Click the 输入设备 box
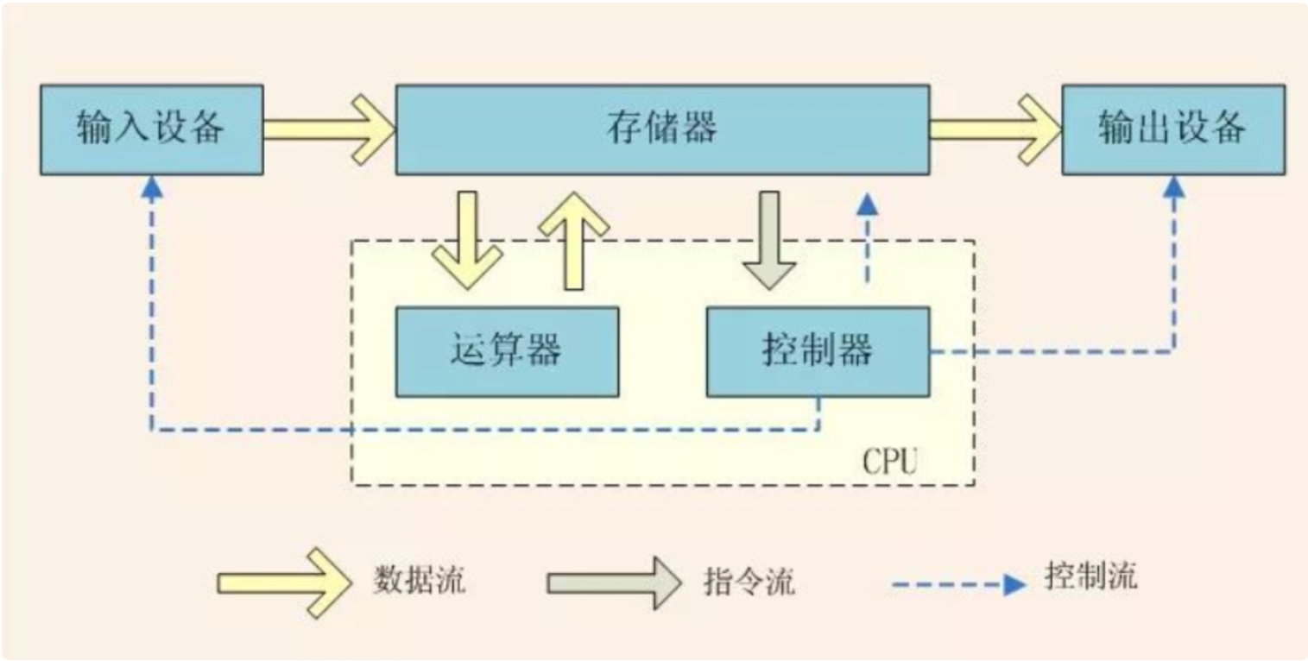click(x=151, y=129)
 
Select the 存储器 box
click(x=662, y=129)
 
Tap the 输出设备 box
click(x=1172, y=129)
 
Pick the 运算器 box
click(x=507, y=351)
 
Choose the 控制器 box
click(x=818, y=351)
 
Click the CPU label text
click(x=890, y=462)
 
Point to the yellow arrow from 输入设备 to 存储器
click(x=328, y=129)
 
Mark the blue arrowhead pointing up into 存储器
click(x=867, y=204)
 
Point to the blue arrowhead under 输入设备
click(x=152, y=188)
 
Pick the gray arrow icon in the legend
click(x=614, y=582)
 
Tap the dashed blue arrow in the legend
click(x=958, y=585)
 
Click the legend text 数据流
click(x=420, y=580)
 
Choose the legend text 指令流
click(x=749, y=583)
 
